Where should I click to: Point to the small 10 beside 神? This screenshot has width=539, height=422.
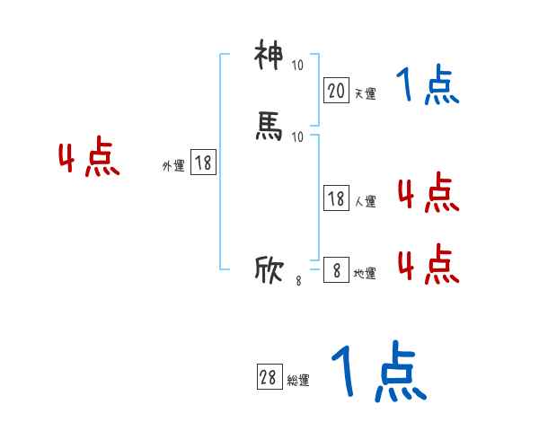click(297, 66)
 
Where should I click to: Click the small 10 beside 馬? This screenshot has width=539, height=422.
click(297, 136)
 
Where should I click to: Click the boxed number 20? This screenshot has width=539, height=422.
click(336, 90)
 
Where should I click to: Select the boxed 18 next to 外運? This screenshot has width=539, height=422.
click(203, 163)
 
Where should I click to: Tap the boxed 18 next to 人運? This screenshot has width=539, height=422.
click(336, 198)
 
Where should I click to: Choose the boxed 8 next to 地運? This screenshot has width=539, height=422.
click(336, 270)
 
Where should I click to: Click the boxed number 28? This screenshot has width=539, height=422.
click(268, 378)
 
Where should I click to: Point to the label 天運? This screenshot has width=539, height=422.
click(365, 92)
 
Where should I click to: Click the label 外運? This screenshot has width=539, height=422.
click(173, 165)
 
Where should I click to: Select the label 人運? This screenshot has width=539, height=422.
click(365, 202)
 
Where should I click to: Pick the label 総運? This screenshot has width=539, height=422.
click(297, 381)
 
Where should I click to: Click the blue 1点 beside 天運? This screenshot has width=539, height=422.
click(428, 86)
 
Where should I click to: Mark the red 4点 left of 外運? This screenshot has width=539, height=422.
click(89, 160)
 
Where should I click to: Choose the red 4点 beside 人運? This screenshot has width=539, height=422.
click(428, 192)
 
